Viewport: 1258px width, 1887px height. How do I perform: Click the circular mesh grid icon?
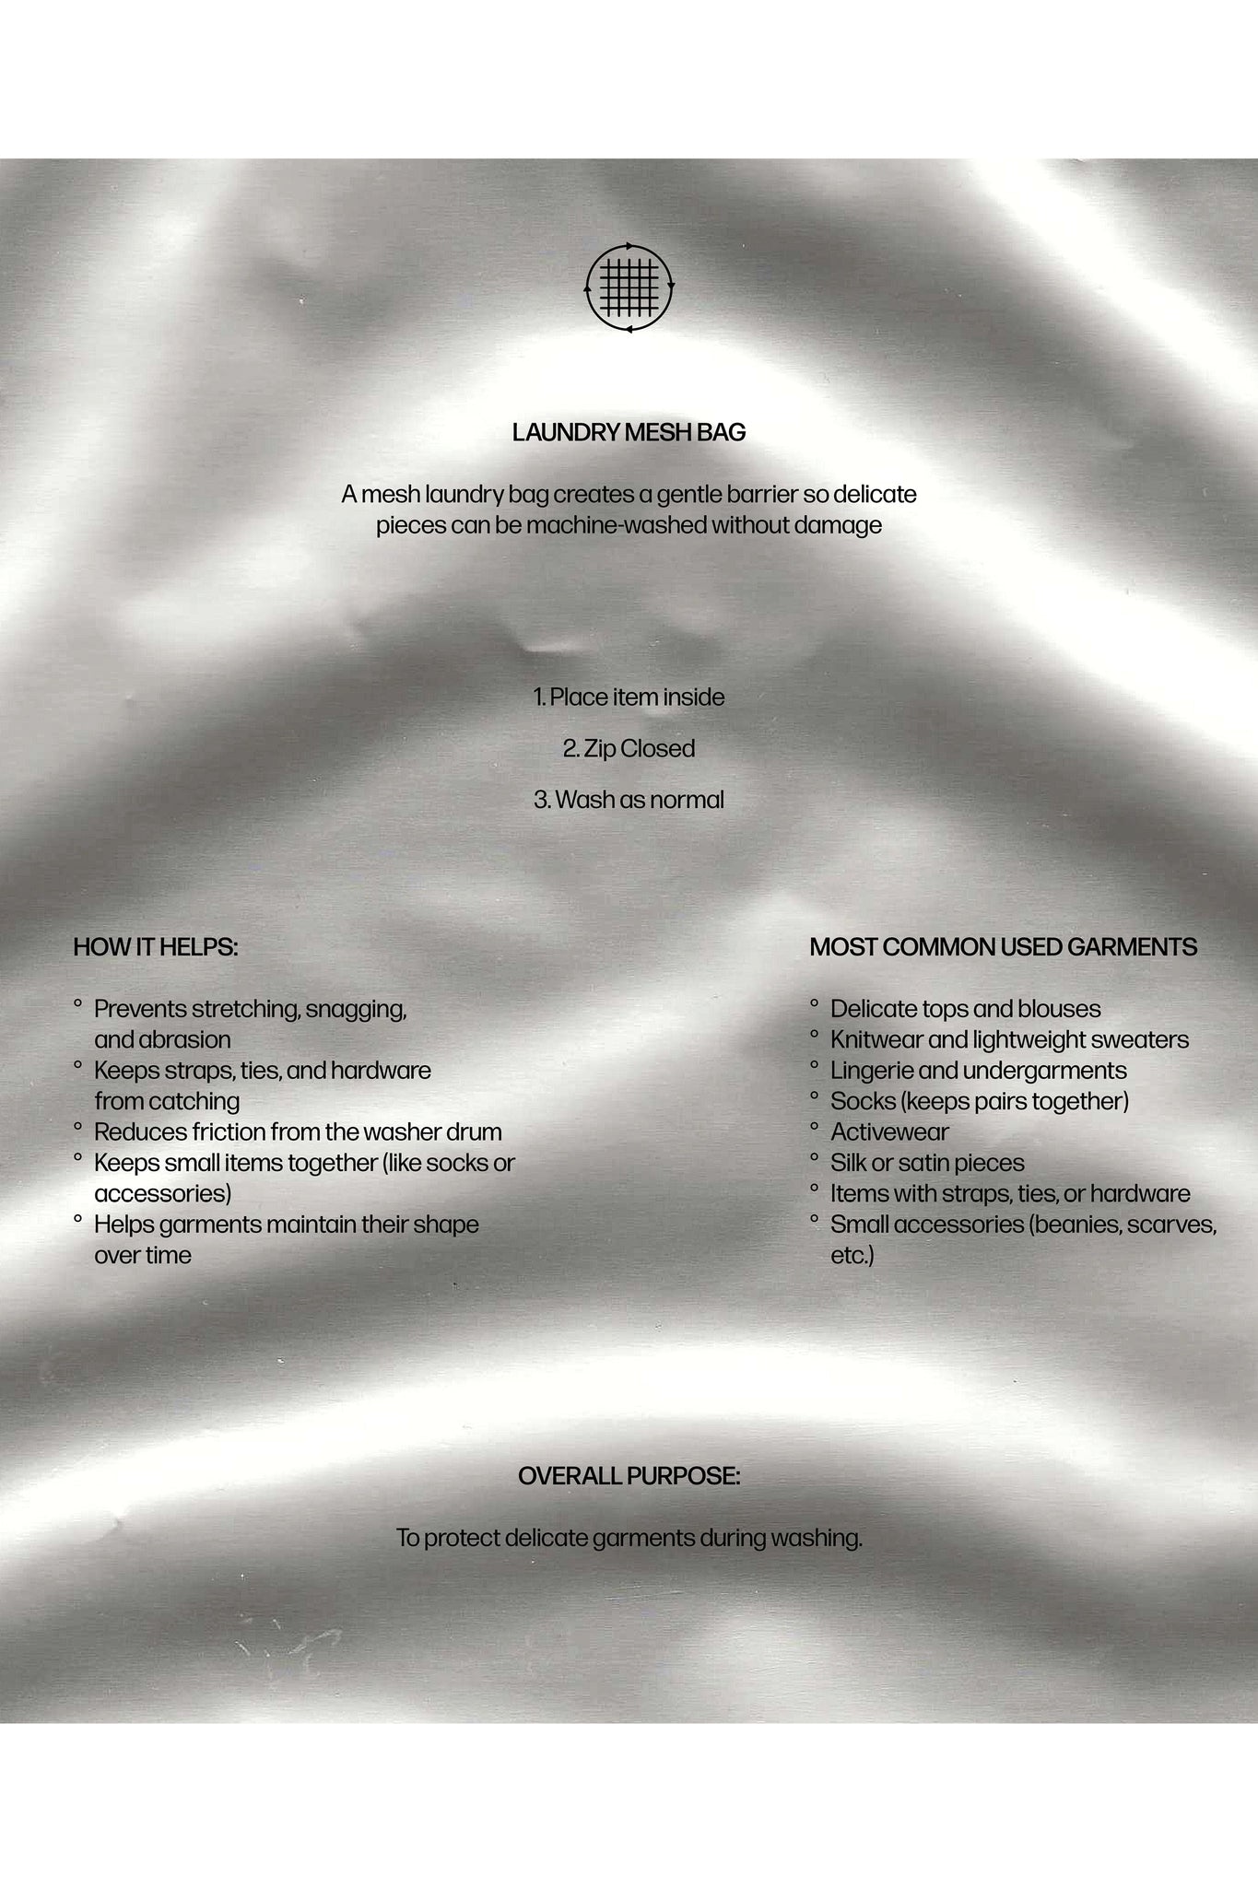click(629, 287)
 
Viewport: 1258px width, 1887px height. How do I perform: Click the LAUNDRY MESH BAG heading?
click(629, 432)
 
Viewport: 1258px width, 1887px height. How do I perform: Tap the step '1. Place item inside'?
click(629, 697)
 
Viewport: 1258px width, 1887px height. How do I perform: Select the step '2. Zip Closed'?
click(629, 748)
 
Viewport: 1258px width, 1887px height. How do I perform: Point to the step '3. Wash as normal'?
click(629, 800)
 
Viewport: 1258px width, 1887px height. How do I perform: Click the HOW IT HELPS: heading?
click(156, 947)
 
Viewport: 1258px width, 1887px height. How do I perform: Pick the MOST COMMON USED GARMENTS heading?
click(1004, 947)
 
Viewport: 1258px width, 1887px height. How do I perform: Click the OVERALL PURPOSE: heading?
click(629, 1476)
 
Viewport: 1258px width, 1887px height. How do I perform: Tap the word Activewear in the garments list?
click(889, 1132)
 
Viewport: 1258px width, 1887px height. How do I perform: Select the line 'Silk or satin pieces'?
click(927, 1163)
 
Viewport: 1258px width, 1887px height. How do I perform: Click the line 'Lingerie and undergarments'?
click(978, 1071)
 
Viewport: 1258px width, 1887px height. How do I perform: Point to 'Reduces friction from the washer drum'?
click(298, 1132)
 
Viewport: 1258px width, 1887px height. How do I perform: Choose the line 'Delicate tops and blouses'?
click(965, 1010)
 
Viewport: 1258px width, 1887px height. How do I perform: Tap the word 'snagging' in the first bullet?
click(356, 1010)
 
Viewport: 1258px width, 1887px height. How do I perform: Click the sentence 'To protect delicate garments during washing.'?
click(629, 1538)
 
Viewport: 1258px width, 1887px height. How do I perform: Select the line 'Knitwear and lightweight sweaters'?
click(1009, 1040)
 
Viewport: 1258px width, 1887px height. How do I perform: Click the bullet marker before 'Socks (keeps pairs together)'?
click(815, 1096)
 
